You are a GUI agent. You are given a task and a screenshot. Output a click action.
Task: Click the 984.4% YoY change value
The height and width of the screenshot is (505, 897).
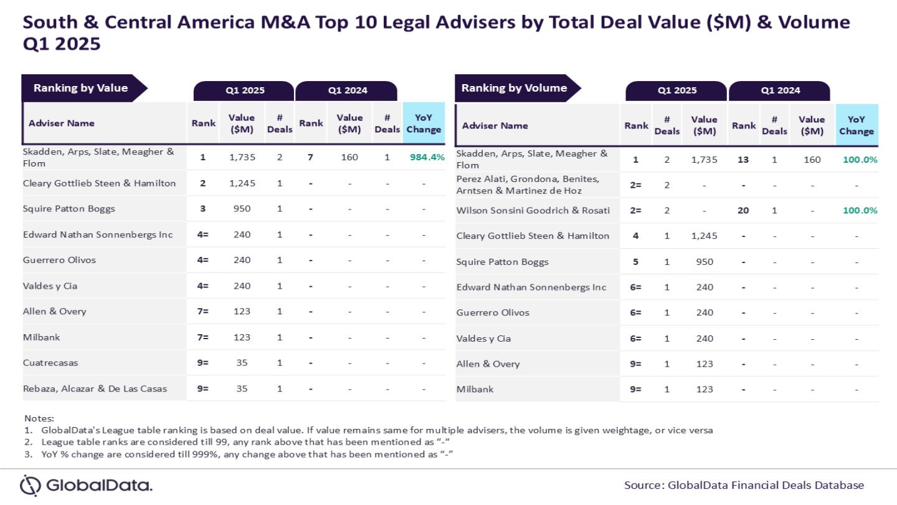[427, 157]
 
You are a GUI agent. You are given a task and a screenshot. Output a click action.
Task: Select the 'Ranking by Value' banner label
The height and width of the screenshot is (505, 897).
[80, 88]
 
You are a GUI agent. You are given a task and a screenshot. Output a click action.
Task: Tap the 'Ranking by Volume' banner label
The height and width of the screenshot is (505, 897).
[514, 88]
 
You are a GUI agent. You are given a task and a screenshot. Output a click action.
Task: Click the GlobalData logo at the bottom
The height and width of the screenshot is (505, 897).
[86, 485]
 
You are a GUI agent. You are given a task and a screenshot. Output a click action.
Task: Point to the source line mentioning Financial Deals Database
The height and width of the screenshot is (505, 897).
[744, 485]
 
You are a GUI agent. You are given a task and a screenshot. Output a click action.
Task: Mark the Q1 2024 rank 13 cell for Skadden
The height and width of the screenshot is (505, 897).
[743, 160]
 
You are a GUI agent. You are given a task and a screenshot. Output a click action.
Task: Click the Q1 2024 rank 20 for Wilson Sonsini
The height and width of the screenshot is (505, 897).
[743, 210]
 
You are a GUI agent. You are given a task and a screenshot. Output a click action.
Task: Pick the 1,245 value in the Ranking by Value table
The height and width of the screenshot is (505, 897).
[241, 183]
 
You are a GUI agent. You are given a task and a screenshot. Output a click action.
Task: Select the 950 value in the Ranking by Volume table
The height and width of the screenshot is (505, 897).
[704, 261]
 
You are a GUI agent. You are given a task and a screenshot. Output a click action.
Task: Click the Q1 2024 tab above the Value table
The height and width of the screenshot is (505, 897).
[347, 90]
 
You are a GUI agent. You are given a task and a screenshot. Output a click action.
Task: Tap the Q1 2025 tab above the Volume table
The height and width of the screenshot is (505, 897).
[676, 90]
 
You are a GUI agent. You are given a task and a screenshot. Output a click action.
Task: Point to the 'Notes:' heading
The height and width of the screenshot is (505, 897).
[39, 418]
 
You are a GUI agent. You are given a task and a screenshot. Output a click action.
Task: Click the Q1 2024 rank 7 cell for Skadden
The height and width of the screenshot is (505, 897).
[310, 157]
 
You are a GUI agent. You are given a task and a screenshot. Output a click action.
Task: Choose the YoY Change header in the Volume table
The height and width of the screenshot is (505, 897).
[856, 125]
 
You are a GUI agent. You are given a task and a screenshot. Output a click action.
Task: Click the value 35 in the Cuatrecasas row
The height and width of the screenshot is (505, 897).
[241, 362]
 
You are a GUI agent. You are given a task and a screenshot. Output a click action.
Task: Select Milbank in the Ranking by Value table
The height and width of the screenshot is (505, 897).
[41, 337]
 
